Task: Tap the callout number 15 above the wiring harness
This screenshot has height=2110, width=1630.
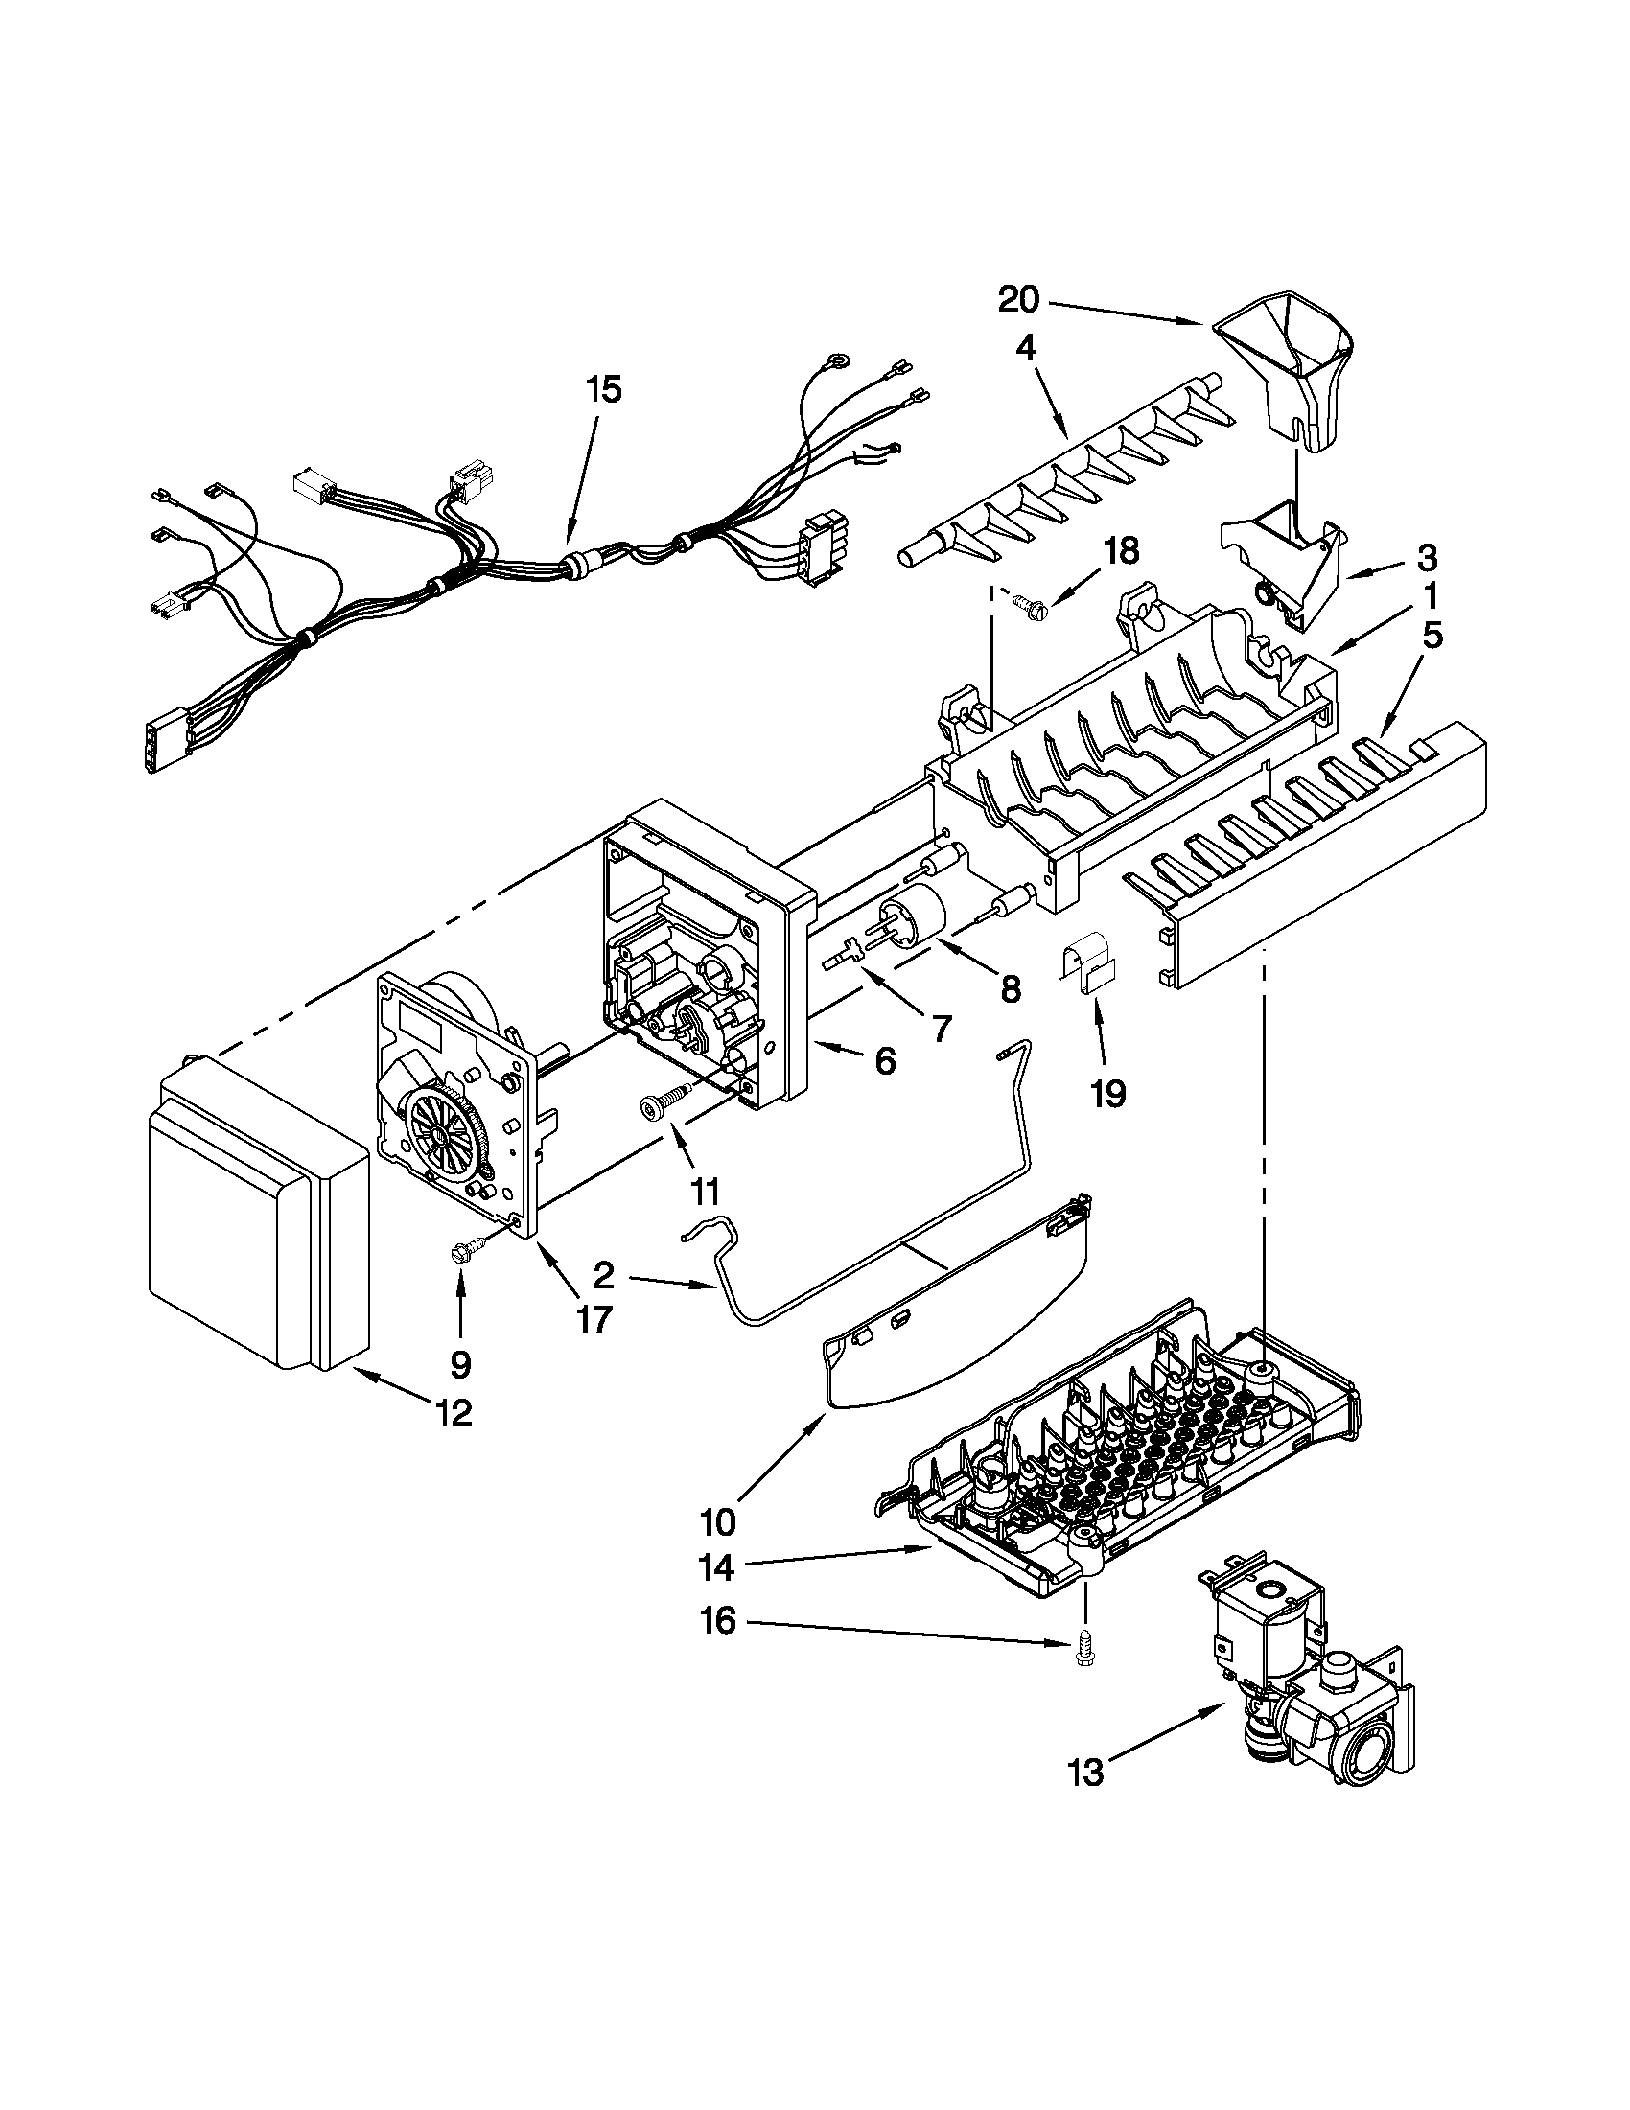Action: [x=604, y=390]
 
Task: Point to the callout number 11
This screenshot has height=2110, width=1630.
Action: [x=707, y=1192]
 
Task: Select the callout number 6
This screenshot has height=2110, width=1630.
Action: [x=885, y=1061]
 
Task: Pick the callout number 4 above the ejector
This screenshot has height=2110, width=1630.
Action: [x=1026, y=349]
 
